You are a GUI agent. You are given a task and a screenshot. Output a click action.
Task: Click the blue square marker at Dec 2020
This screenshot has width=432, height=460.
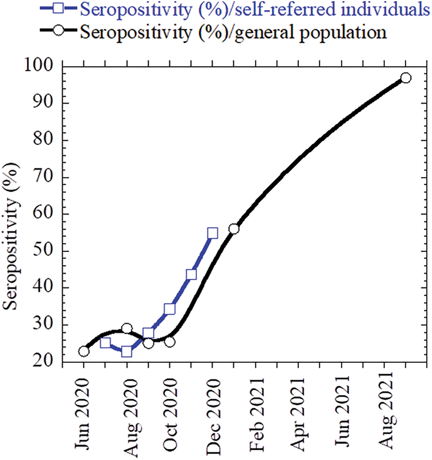pyautogui.click(x=213, y=233)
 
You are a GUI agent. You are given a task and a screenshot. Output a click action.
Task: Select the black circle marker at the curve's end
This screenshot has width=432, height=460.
pyautogui.click(x=406, y=78)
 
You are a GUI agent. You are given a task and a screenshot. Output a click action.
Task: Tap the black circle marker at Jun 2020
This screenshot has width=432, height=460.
pyautogui.click(x=84, y=351)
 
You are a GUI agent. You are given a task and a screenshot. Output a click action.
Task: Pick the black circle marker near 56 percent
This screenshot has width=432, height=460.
pyautogui.click(x=234, y=228)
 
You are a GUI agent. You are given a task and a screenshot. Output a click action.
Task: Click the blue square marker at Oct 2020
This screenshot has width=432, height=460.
pyautogui.click(x=170, y=309)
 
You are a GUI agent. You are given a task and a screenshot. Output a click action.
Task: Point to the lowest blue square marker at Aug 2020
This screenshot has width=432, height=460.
pyautogui.click(x=127, y=351)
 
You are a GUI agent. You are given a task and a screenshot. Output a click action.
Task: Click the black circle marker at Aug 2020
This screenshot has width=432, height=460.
pyautogui.click(x=127, y=328)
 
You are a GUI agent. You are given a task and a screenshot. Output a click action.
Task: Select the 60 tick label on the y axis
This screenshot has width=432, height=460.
pyautogui.click(x=44, y=214)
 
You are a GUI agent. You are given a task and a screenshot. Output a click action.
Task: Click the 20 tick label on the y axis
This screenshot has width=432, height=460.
pyautogui.click(x=44, y=361)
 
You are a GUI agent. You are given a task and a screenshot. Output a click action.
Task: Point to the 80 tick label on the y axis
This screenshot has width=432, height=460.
pyautogui.click(x=44, y=140)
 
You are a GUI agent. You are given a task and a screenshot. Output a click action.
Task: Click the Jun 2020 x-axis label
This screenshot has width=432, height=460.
pyautogui.click(x=84, y=412)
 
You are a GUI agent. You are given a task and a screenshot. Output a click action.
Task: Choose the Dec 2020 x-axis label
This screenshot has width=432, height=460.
pyautogui.click(x=213, y=412)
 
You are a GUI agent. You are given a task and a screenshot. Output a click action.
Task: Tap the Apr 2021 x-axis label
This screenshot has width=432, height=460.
pyautogui.click(x=298, y=412)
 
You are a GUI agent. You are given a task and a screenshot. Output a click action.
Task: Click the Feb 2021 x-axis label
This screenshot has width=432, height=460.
pyautogui.click(x=255, y=412)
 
